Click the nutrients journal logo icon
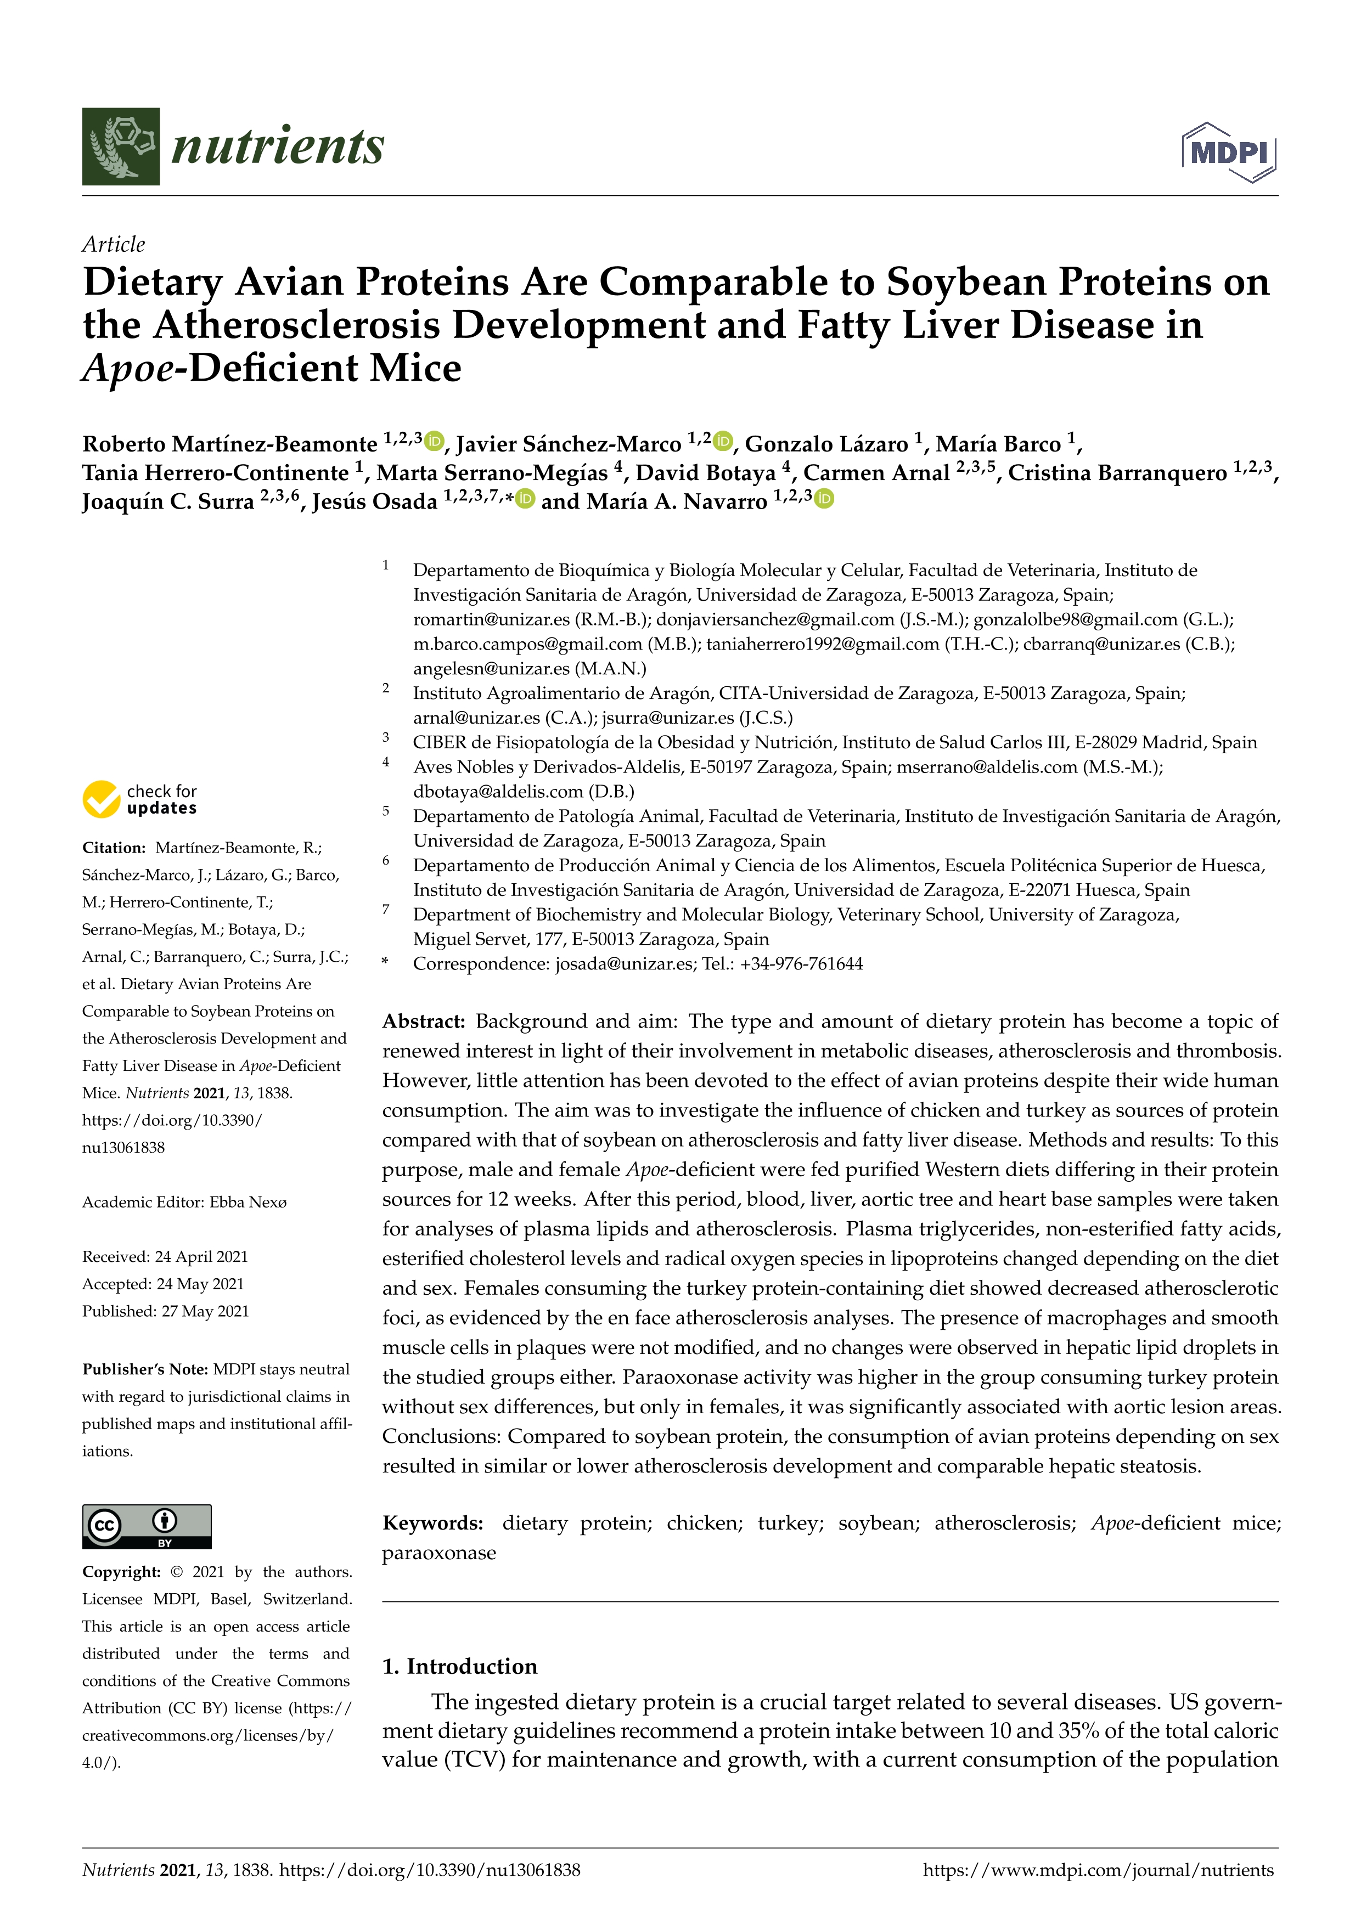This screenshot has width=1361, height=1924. (121, 146)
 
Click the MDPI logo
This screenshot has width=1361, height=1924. (1229, 153)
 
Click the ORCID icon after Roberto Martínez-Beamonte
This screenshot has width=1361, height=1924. (434, 441)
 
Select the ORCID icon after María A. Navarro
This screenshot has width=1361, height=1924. (825, 499)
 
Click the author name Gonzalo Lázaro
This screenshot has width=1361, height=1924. (826, 444)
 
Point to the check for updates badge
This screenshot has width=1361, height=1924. (140, 799)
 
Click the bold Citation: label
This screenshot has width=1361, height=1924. (114, 847)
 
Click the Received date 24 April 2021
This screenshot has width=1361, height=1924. (201, 1256)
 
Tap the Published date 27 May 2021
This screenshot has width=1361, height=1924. (205, 1311)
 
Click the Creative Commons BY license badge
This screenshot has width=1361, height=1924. (147, 1526)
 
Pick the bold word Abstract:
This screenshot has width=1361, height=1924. (423, 1020)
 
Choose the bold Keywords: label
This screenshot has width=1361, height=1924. (432, 1522)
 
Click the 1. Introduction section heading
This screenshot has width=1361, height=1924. (459, 1666)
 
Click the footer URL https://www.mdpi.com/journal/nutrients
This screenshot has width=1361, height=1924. (1098, 1870)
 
